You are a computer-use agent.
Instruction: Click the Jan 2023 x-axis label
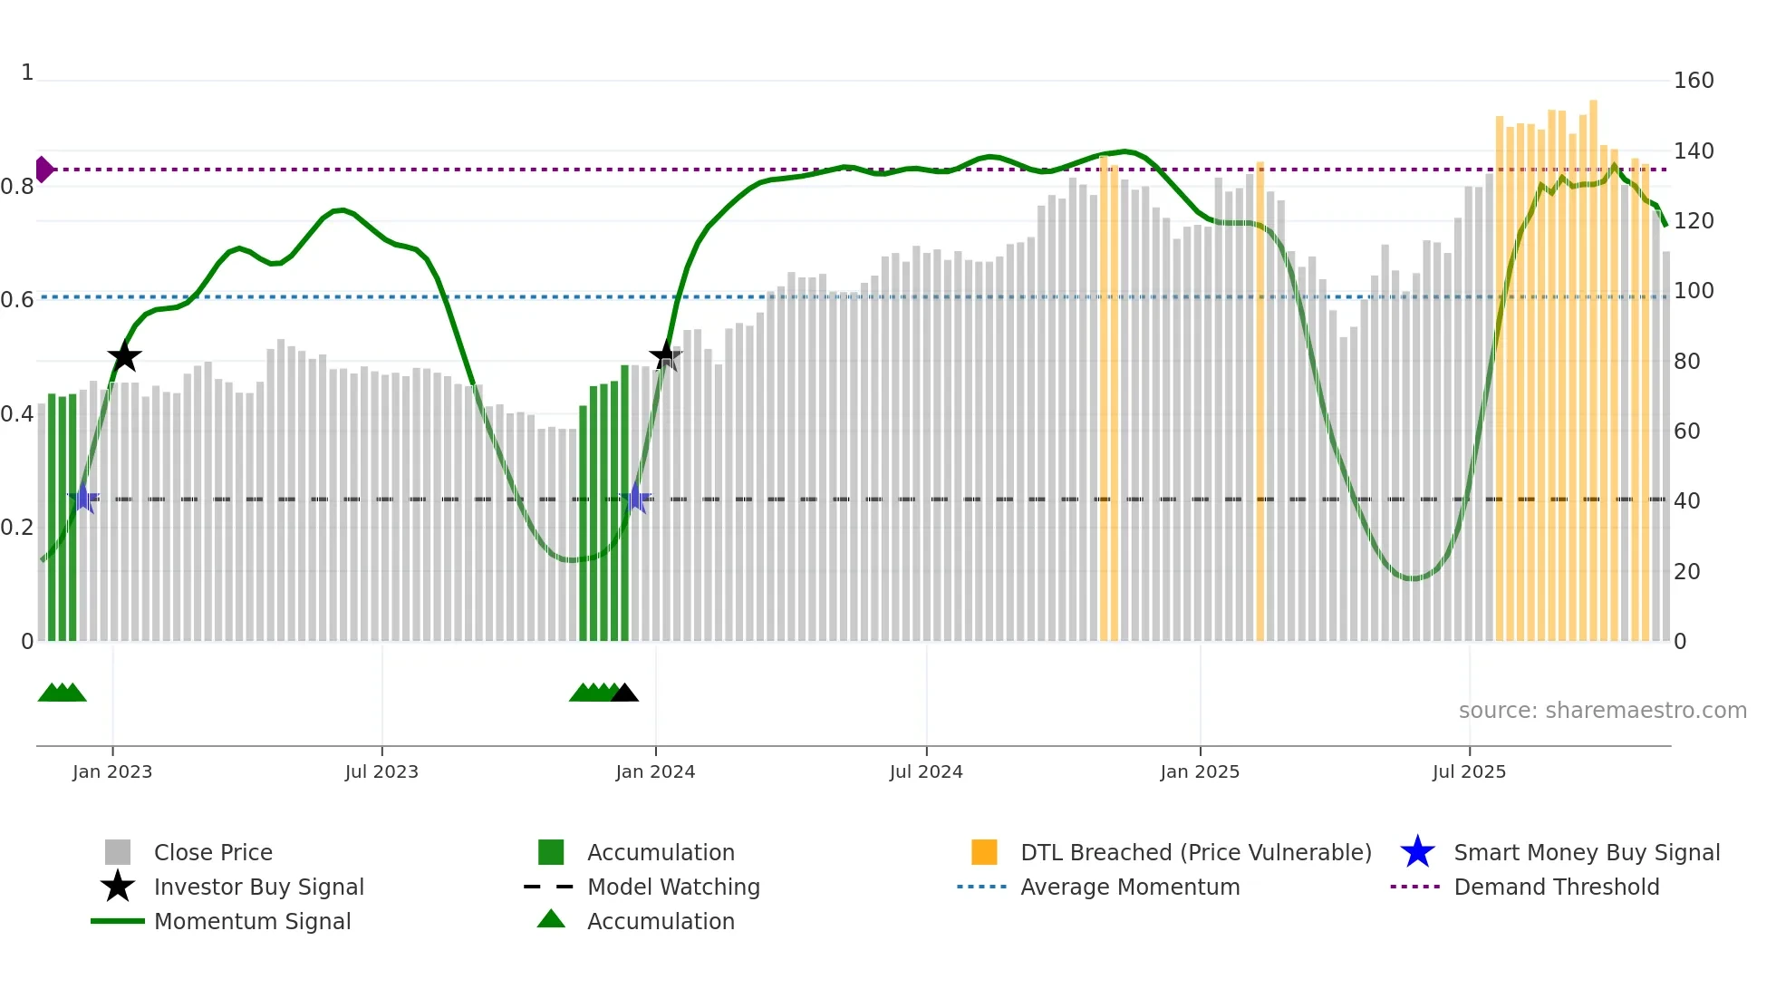(x=112, y=771)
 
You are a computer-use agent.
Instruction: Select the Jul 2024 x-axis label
(x=926, y=771)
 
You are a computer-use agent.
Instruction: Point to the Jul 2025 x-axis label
(x=1469, y=771)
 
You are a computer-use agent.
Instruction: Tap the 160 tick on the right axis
(x=1694, y=81)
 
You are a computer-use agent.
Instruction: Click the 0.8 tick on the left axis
(x=17, y=187)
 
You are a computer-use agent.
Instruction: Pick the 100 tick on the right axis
(x=1694, y=291)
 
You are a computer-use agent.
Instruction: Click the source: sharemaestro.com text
(x=1602, y=711)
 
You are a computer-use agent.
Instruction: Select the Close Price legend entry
(x=213, y=852)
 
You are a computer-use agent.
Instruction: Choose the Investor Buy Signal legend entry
(x=258, y=887)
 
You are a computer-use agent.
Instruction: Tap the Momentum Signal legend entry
(x=252, y=921)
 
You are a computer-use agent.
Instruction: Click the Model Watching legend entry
(x=673, y=887)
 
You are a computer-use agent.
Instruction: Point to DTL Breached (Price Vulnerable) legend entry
(x=1195, y=852)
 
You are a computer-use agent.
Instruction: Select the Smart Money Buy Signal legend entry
(x=1587, y=852)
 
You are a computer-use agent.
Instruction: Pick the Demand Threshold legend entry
(x=1556, y=887)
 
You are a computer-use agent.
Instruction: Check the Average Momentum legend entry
(x=1130, y=887)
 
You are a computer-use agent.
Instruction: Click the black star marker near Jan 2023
(x=124, y=356)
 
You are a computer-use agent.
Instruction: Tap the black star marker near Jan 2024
(x=666, y=355)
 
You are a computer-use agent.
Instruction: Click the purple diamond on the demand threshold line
(x=43, y=170)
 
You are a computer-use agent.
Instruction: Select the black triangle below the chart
(x=624, y=693)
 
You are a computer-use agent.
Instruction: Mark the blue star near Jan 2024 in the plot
(x=636, y=499)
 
